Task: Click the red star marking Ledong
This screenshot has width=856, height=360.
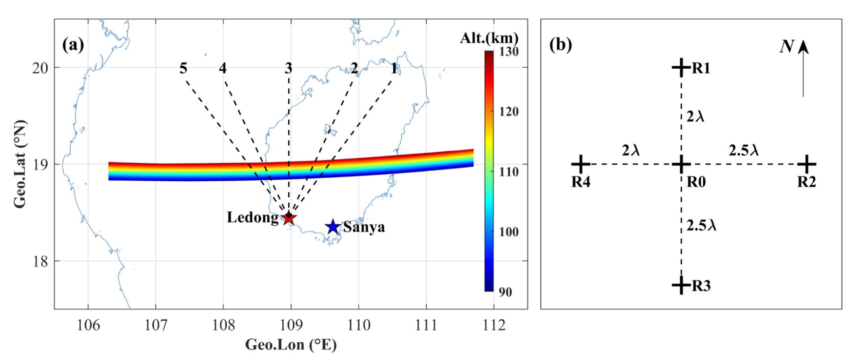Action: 289,218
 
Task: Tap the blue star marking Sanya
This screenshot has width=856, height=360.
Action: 333,227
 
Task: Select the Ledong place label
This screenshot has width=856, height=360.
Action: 252,218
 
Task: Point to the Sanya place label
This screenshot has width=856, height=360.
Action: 364,227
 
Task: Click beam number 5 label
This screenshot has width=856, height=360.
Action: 183,68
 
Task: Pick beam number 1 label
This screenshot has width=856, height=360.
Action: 394,68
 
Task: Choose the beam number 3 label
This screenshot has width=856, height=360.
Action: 288,68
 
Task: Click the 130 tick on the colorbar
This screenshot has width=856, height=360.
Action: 509,52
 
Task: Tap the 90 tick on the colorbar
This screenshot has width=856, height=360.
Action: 506,292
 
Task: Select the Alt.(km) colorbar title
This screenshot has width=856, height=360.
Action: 489,38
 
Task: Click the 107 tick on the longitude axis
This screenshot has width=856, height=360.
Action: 156,325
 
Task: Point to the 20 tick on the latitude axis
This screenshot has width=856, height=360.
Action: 40,68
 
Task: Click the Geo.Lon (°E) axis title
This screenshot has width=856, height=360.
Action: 291,345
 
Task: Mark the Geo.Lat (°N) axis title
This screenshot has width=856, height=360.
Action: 20,164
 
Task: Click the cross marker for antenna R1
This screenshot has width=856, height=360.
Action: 681,67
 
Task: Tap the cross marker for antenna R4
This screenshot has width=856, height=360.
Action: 580,164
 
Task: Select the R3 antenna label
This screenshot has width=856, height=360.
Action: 701,286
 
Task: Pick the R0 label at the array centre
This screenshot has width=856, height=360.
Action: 696,182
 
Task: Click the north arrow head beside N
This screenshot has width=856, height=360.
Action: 803,47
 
